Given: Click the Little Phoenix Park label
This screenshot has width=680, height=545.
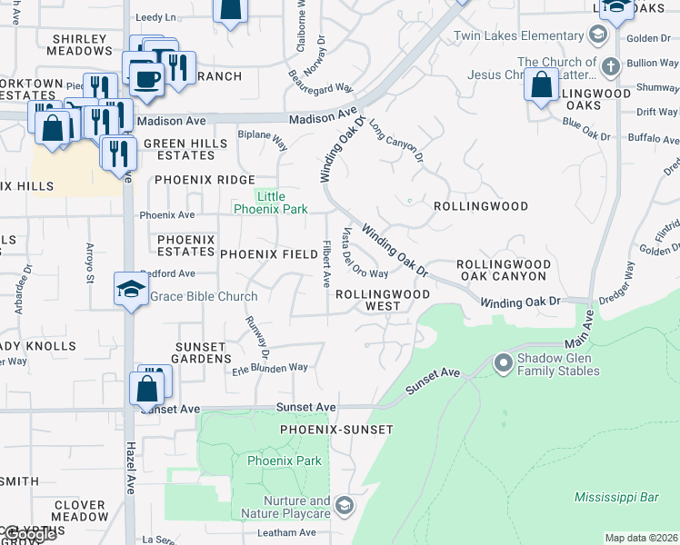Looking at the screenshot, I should pos(271,203).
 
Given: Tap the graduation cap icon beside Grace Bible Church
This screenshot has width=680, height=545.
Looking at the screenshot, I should pos(131,290).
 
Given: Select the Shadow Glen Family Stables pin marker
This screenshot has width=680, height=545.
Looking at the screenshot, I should pos(502,364).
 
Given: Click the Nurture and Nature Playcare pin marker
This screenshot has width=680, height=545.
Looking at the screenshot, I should pos(343,505).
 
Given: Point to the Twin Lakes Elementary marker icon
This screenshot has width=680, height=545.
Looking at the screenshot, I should pos(597,35).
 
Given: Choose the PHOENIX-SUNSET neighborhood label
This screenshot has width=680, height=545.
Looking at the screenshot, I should pos(335,429).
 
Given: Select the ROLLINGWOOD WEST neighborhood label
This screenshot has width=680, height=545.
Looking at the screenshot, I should pos(382,301).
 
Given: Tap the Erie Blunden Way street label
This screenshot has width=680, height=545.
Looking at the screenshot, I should pos(269,368).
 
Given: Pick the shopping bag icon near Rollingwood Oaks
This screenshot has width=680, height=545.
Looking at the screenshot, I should pos(541,84).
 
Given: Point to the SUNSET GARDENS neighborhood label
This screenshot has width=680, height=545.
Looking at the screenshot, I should pos(200,352).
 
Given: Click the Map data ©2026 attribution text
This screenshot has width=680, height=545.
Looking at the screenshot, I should pos(642,538).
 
